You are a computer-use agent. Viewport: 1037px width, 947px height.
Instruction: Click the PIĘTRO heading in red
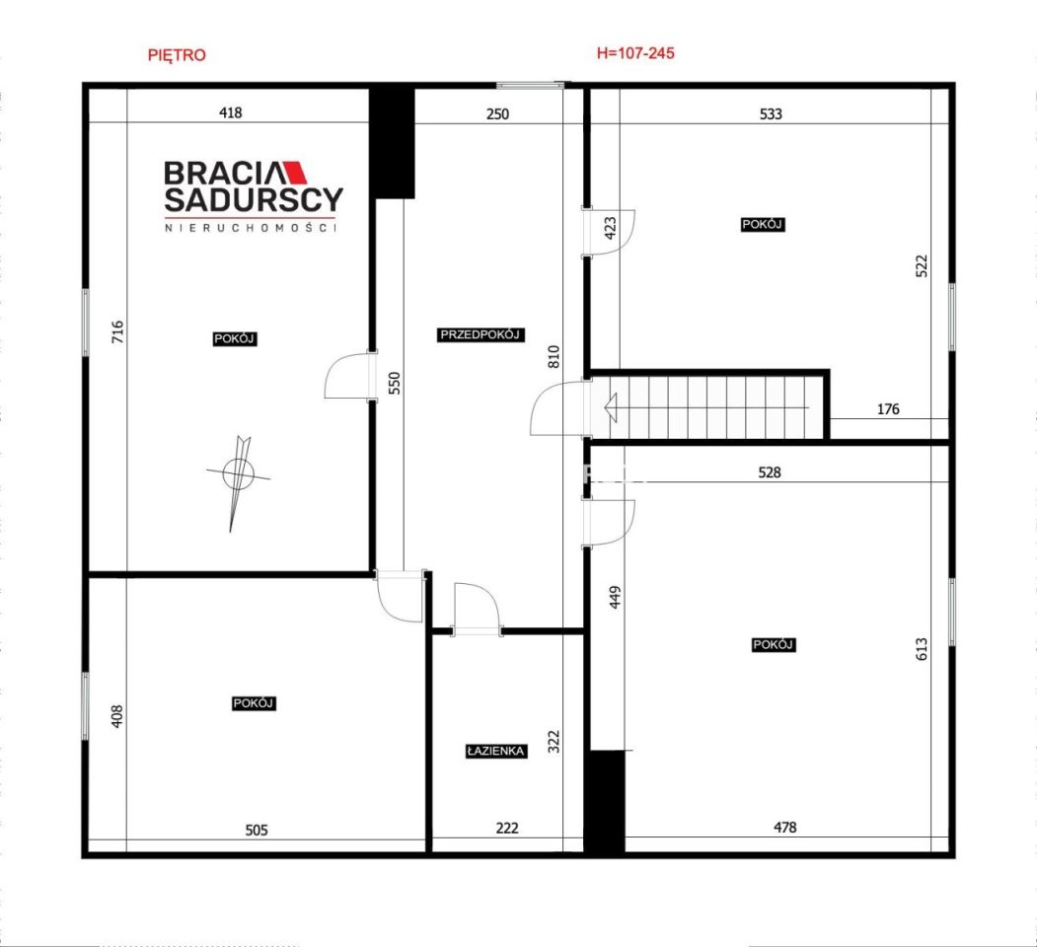(177, 55)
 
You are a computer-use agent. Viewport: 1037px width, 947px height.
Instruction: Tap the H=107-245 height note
(635, 53)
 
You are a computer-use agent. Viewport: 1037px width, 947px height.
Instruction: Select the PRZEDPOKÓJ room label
(481, 334)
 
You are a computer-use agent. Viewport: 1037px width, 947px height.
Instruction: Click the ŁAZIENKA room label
(496, 752)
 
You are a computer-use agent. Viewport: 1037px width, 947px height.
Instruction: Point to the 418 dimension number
(230, 112)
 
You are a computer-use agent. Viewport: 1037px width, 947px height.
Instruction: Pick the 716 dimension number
(117, 331)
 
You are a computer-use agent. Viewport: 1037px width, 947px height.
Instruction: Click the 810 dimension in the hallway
(554, 357)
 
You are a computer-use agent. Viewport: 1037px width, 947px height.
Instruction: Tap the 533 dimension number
(771, 113)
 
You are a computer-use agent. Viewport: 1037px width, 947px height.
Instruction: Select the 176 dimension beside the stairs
(888, 408)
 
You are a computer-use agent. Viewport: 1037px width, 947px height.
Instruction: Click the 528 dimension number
(770, 473)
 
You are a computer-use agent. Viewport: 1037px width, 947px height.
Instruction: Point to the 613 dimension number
(922, 649)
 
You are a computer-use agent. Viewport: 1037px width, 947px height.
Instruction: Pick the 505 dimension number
(257, 830)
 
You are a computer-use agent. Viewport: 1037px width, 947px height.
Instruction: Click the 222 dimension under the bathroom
(507, 828)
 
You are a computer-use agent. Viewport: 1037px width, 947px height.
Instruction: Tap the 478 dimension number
(785, 827)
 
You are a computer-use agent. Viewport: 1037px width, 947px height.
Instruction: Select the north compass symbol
(238, 473)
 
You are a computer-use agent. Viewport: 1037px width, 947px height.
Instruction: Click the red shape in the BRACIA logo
(295, 172)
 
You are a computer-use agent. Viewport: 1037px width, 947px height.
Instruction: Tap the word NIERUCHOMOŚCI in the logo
(251, 228)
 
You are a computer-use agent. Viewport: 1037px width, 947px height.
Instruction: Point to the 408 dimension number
(117, 716)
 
